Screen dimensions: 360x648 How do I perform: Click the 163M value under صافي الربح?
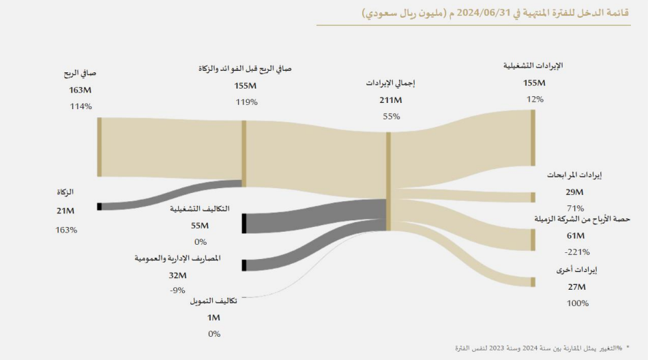80,90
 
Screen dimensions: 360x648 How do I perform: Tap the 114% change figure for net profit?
80,106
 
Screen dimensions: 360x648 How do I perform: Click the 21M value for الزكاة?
65,211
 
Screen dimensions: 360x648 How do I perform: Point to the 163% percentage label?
66,230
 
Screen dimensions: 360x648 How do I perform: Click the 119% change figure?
246,102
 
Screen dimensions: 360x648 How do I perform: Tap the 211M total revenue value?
391,100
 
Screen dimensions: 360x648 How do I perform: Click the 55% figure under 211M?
391,117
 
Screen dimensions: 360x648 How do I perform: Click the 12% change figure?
535,100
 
